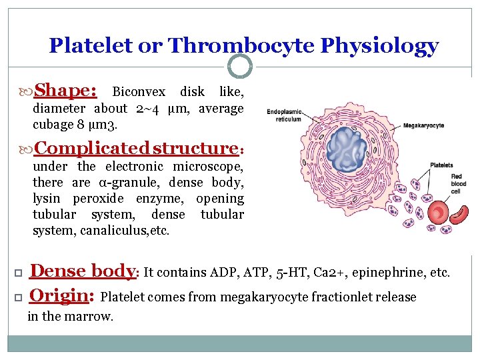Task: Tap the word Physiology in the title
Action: click(379, 45)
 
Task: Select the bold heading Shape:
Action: click(66, 91)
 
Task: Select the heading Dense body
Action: click(83, 271)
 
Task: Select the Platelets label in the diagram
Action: click(441, 165)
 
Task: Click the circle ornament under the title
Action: click(240, 66)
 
